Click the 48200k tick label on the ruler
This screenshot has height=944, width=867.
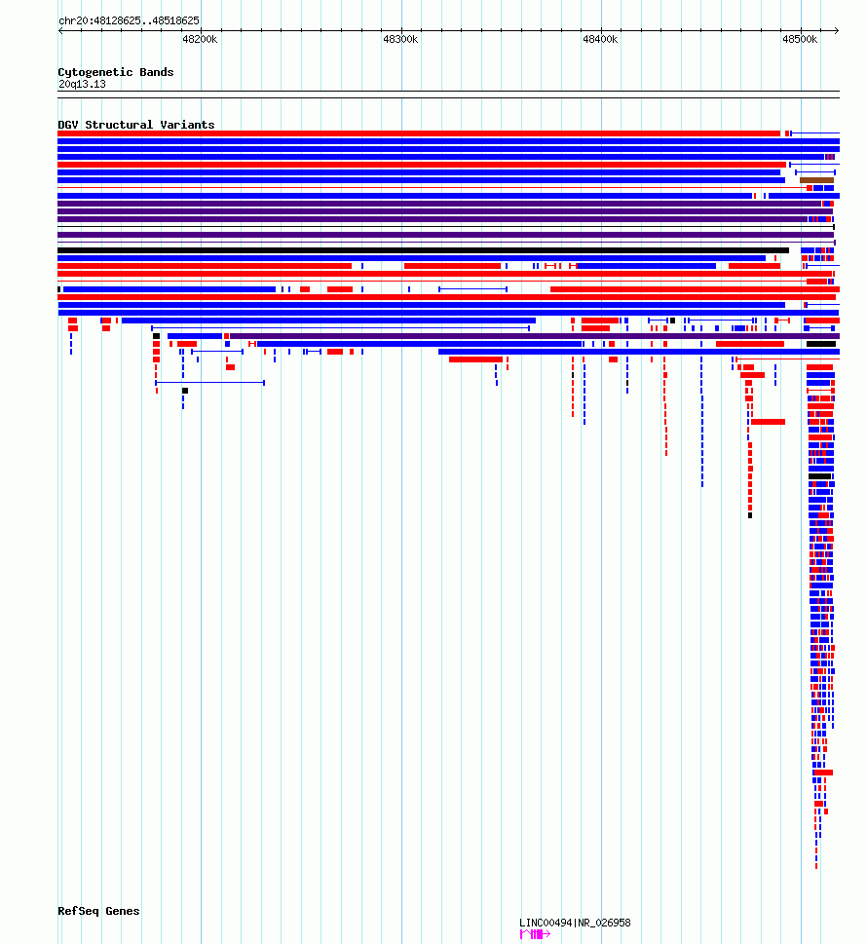(200, 39)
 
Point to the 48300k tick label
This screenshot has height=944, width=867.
(400, 39)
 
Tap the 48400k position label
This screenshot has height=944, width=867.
(600, 39)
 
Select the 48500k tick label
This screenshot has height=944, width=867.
(800, 39)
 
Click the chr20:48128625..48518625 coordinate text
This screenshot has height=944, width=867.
(129, 20)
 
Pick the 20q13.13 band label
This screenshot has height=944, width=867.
(82, 85)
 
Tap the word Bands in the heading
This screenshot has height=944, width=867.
(157, 72)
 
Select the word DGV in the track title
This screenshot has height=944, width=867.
(68, 125)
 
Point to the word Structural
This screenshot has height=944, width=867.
(119, 125)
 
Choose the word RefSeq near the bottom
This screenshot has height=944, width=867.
(78, 911)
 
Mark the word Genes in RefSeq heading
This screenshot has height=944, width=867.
(122, 911)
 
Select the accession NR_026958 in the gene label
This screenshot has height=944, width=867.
(604, 923)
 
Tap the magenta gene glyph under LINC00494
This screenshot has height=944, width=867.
(535, 934)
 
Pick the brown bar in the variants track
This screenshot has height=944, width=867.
(816, 180)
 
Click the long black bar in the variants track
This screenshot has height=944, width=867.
(423, 250)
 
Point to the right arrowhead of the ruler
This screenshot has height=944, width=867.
(838, 31)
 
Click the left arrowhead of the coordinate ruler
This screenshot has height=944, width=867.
(59, 31)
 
